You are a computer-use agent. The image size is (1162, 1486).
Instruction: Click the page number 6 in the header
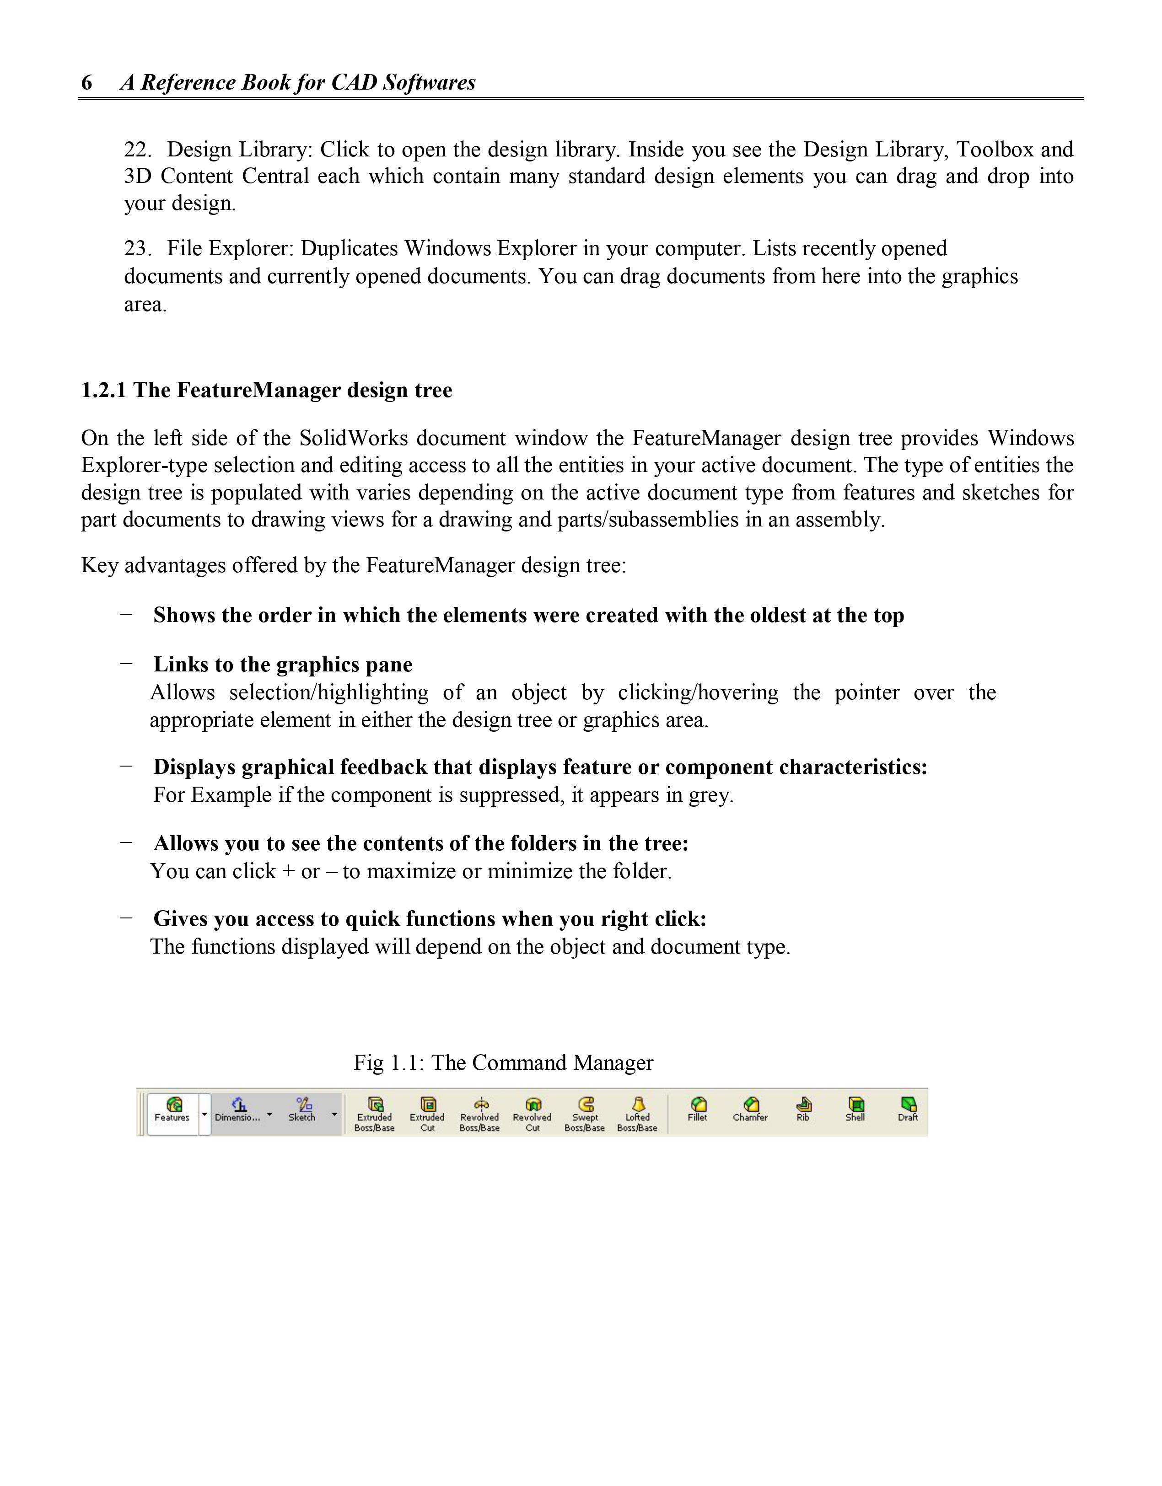[86, 83]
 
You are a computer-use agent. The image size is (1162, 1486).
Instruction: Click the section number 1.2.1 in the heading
[103, 391]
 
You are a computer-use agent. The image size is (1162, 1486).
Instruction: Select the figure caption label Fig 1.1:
[389, 1063]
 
